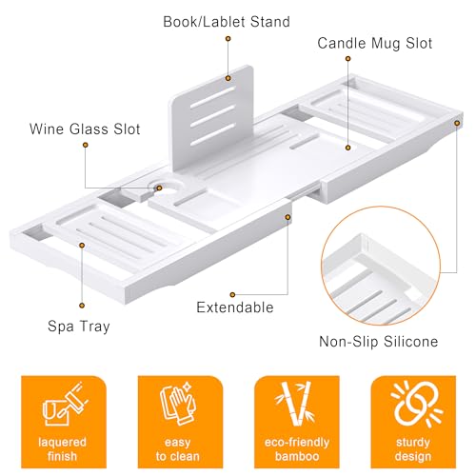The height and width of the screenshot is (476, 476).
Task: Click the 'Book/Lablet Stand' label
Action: [226, 21]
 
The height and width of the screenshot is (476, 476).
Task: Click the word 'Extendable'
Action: [234, 307]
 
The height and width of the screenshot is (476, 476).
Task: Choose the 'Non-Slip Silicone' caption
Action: [380, 341]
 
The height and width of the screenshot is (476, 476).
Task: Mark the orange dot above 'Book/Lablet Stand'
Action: [228, 39]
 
